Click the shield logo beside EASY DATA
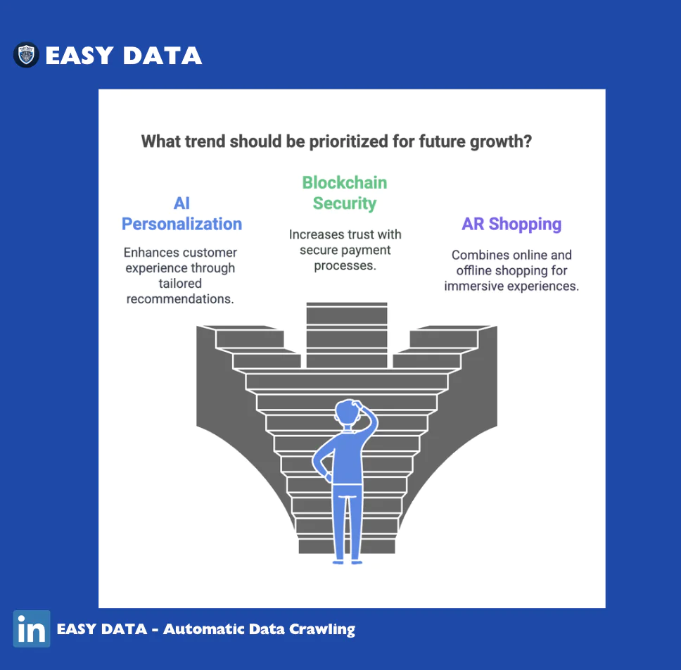coord(26,55)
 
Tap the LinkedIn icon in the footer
coord(32,628)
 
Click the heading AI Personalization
coord(182,213)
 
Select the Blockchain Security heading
coord(345,193)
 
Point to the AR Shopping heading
coord(511,225)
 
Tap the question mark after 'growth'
coord(527,141)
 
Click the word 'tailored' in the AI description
coord(180,284)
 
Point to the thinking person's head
coord(348,412)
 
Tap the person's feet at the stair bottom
coord(347,562)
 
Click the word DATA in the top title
coord(163,56)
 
